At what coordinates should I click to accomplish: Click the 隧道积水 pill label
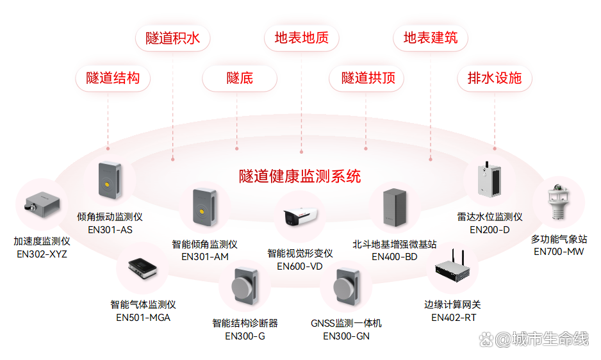pyautogui.click(x=173, y=38)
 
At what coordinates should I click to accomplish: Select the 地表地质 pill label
pyautogui.click(x=302, y=38)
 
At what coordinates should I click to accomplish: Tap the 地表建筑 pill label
pyautogui.click(x=431, y=38)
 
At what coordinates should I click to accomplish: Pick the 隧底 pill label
pyautogui.click(x=240, y=79)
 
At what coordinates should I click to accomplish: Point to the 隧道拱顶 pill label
pyautogui.click(x=368, y=79)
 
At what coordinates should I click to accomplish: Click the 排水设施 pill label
pyautogui.click(x=495, y=79)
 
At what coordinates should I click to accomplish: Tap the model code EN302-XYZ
pyautogui.click(x=42, y=254)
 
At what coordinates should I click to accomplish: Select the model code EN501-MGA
pyautogui.click(x=143, y=317)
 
